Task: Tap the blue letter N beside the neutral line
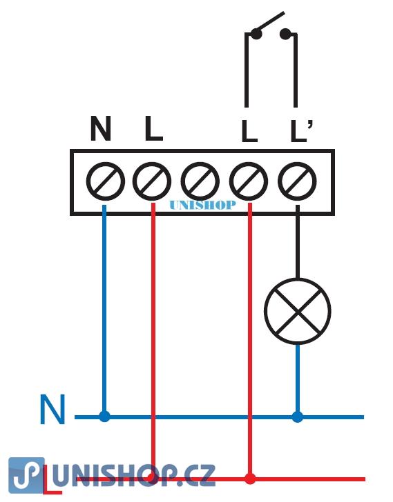pyautogui.click(x=53, y=409)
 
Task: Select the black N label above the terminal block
pyautogui.click(x=101, y=128)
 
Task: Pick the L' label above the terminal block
pyautogui.click(x=301, y=130)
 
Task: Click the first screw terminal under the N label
pyautogui.click(x=106, y=181)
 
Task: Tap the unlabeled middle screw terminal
pyautogui.click(x=200, y=181)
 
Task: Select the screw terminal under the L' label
pyautogui.click(x=297, y=181)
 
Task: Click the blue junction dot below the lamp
pyautogui.click(x=298, y=416)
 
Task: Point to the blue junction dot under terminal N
pyautogui.click(x=104, y=416)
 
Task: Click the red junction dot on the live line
pyautogui.click(x=250, y=479)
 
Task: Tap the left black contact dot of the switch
pyautogui.click(x=256, y=34)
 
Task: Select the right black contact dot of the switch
pyautogui.click(x=285, y=34)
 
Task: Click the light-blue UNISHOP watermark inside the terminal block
pyautogui.click(x=202, y=205)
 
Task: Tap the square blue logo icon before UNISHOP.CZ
pyautogui.click(x=26, y=475)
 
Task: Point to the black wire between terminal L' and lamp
pyautogui.click(x=298, y=242)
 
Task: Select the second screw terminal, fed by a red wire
pyautogui.click(x=152, y=181)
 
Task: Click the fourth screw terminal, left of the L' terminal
pyautogui.click(x=249, y=181)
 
